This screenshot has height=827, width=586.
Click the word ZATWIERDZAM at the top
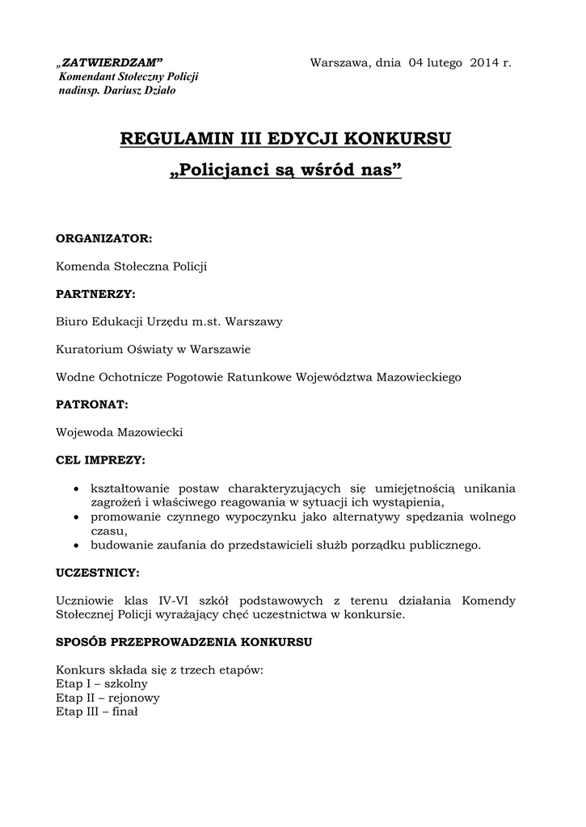(113, 63)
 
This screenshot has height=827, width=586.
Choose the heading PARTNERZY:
(95, 293)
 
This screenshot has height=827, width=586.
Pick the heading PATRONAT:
(92, 404)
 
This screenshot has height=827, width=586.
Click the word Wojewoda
(84, 432)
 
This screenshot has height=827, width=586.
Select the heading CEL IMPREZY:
(100, 460)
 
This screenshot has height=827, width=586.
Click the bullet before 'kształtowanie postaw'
(76, 489)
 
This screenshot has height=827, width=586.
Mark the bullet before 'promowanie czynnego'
(76, 517)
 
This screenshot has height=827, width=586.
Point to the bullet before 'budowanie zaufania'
(76, 545)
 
